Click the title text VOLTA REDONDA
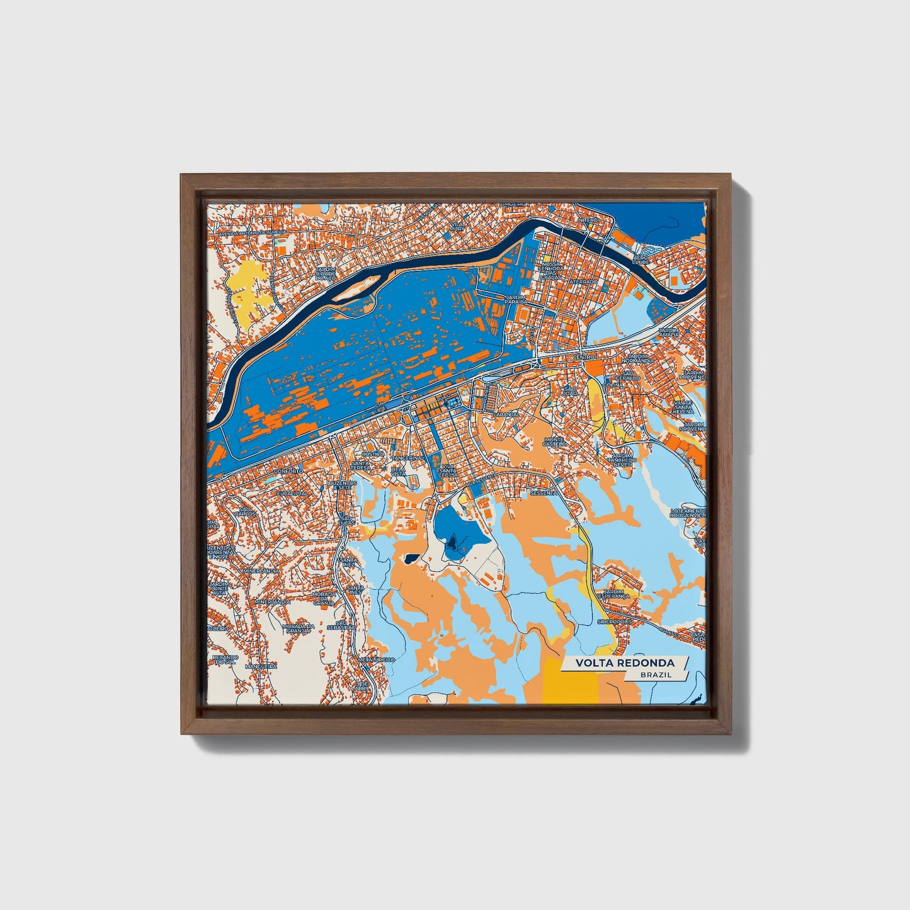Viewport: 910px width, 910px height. point(624,663)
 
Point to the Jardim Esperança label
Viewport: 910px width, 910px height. point(616,594)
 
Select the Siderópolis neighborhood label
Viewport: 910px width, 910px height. point(614,622)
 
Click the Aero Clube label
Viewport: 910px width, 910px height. point(640,259)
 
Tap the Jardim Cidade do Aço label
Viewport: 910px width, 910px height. point(326,273)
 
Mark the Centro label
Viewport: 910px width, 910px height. point(583,356)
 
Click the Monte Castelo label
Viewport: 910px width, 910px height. point(554,441)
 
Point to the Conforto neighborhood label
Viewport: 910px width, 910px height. point(288,471)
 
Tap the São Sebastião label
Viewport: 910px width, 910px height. point(345,625)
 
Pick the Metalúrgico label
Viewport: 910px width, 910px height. point(375,659)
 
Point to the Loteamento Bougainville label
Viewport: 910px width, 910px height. point(688,513)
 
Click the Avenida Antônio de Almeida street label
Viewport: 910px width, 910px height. point(251,232)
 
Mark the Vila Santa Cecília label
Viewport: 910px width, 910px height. point(448,470)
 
